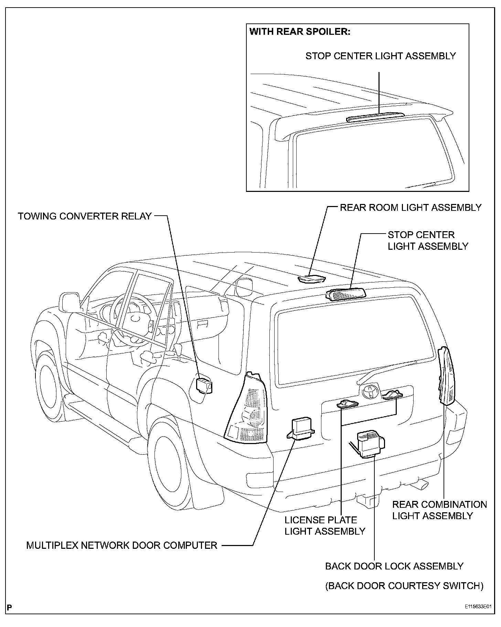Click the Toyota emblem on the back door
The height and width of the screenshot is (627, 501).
tap(370, 391)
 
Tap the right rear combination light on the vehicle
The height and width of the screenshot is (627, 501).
tap(447, 376)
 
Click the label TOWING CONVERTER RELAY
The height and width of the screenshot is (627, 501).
tap(85, 216)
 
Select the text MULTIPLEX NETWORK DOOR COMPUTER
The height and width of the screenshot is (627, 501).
tap(122, 545)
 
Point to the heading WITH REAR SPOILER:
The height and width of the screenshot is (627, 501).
tap(300, 32)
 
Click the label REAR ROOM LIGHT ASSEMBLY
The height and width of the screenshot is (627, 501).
tap(411, 207)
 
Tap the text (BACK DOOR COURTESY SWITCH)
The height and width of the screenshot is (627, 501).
tap(404, 586)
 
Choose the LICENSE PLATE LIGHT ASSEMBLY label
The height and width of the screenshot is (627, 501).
tap(324, 525)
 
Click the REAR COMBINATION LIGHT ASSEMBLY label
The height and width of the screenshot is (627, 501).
tap(439, 510)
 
